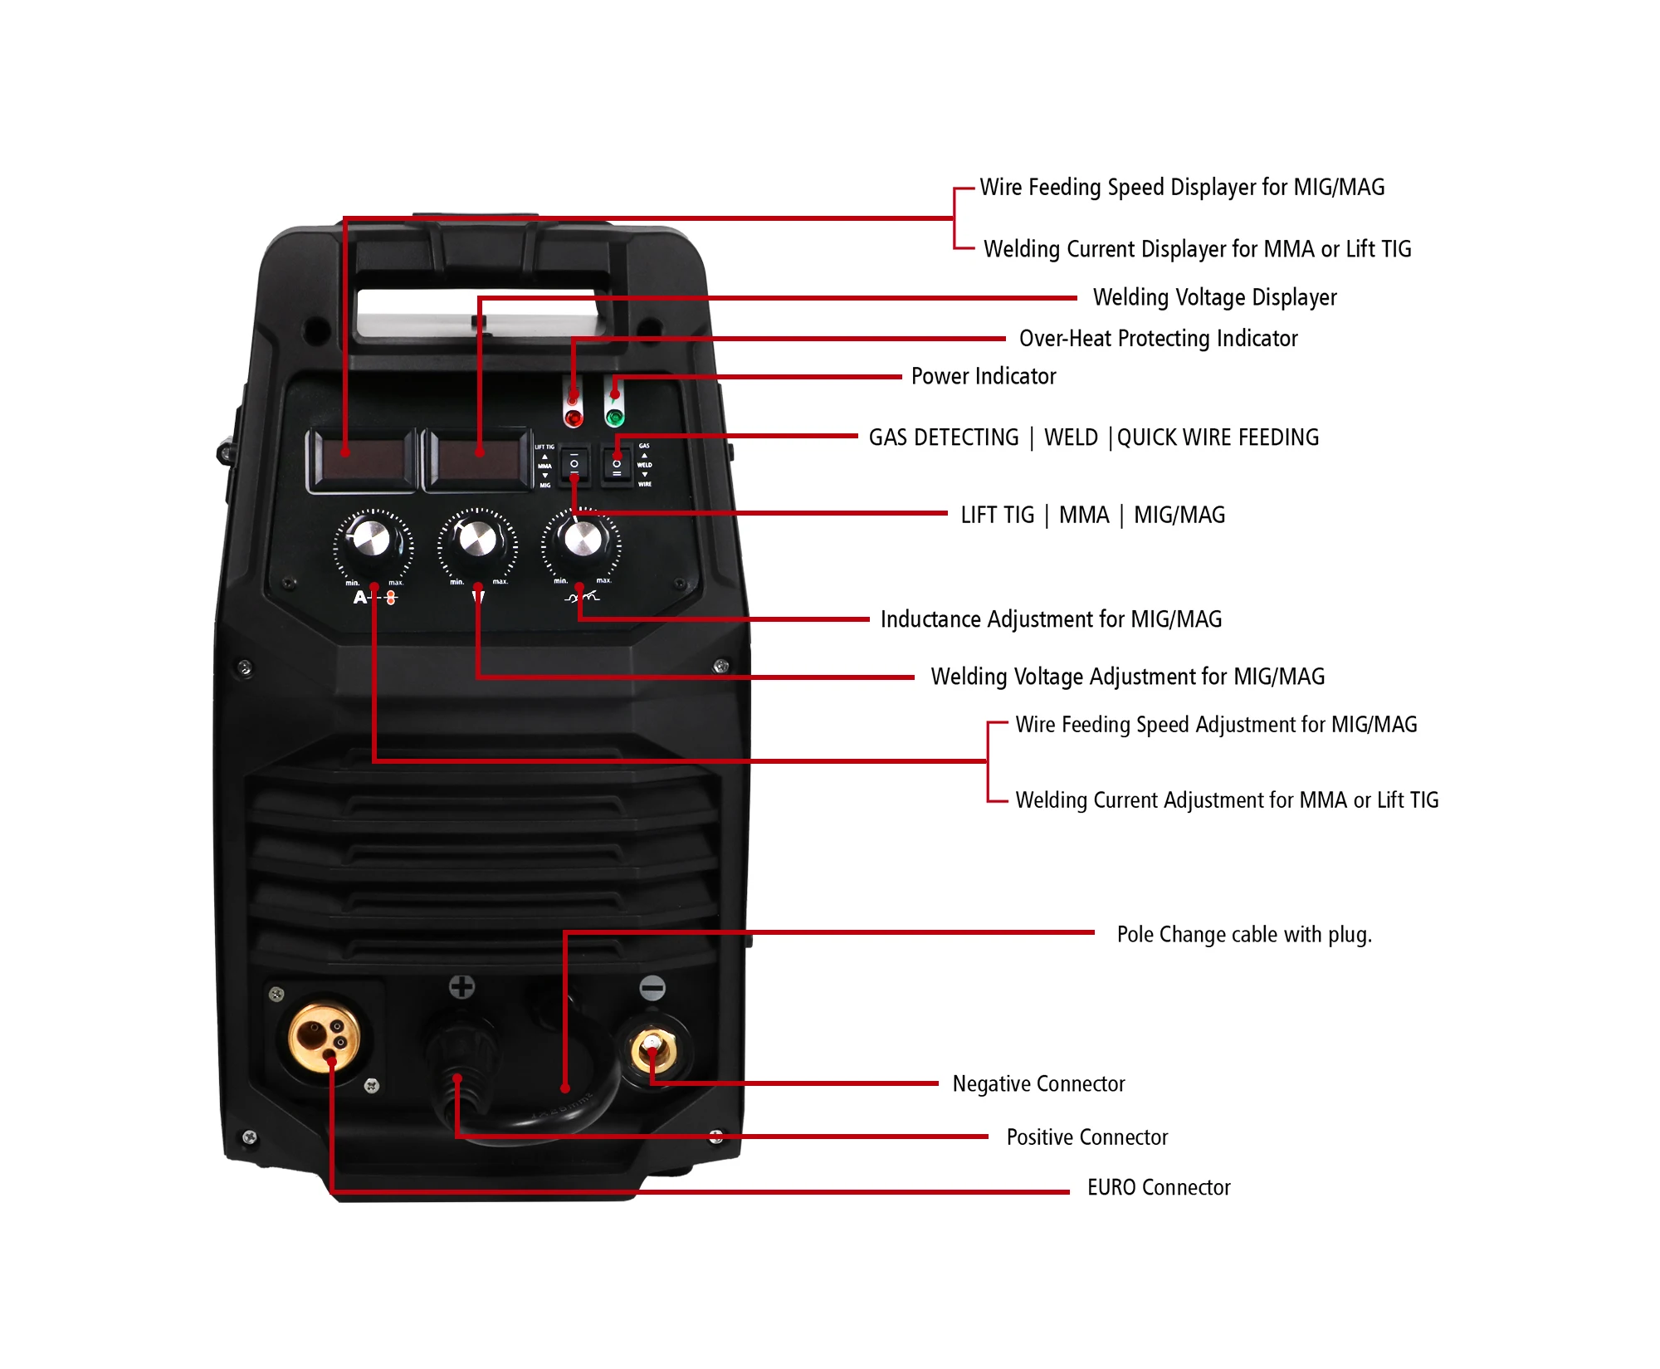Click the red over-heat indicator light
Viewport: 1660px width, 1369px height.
click(573, 417)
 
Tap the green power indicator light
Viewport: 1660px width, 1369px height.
click(615, 417)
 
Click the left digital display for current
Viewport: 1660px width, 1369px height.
click(362, 459)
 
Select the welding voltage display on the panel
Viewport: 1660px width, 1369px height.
click(477, 459)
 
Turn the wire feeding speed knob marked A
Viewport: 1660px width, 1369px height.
click(373, 540)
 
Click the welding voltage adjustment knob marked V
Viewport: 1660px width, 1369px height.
click(477, 540)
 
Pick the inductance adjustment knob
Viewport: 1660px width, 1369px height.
click(582, 540)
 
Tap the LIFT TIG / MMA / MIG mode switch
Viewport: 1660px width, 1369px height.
click(574, 465)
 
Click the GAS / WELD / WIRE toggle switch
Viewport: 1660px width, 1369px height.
click(617, 465)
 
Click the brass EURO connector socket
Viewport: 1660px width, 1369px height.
click(324, 1037)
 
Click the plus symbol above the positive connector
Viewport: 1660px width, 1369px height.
click(461, 986)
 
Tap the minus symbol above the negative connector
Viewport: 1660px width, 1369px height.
click(652, 987)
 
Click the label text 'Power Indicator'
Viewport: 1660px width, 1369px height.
click(984, 376)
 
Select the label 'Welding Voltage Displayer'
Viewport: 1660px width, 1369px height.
click(1214, 297)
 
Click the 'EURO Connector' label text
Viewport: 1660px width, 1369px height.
click(1159, 1187)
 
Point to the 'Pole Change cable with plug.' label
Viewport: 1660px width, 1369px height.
click(1244, 934)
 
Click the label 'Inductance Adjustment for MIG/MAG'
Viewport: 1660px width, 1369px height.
click(1051, 619)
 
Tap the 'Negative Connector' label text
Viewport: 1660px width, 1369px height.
click(1038, 1083)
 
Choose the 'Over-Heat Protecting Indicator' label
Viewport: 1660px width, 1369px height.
click(1158, 339)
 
